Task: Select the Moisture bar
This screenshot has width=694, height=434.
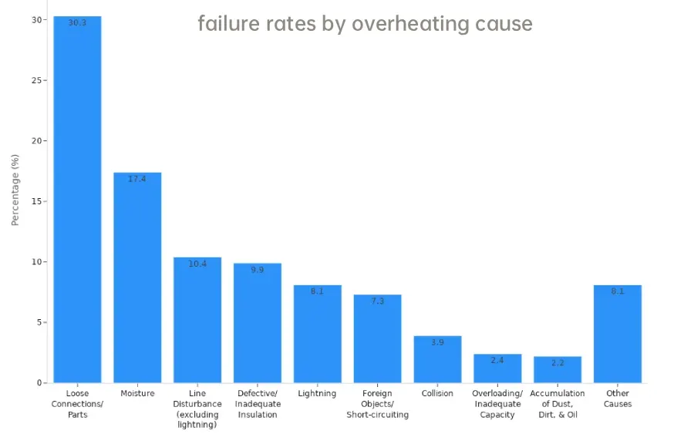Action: pyautogui.click(x=137, y=278)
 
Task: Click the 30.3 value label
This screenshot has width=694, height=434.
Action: pyautogui.click(x=77, y=23)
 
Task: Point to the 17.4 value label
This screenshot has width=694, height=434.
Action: pyautogui.click(x=137, y=179)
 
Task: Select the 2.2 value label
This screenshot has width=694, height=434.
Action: pyautogui.click(x=558, y=362)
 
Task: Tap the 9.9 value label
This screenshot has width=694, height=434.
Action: pyautogui.click(x=258, y=270)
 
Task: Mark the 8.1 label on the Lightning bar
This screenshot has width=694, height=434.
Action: pyautogui.click(x=317, y=291)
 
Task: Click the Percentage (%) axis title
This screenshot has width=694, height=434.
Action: pyautogui.click(x=15, y=190)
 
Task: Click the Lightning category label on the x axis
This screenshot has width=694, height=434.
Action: pyautogui.click(x=317, y=394)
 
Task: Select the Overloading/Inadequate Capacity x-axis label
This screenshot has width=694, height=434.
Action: pyautogui.click(x=497, y=404)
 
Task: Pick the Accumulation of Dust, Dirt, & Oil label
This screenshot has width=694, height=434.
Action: pyautogui.click(x=558, y=404)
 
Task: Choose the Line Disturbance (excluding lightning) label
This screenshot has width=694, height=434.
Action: pyautogui.click(x=197, y=409)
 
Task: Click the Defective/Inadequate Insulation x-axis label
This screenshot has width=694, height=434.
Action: pyautogui.click(x=258, y=404)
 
